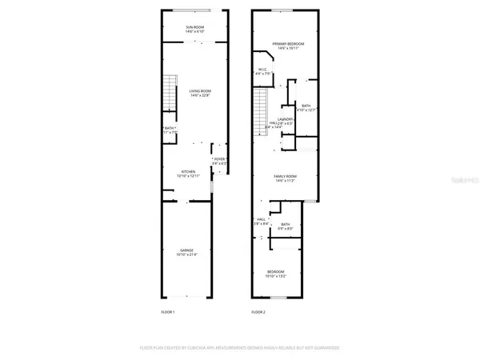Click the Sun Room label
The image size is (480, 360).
pyautogui.click(x=195, y=28)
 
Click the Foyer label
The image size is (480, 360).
pyautogui.click(x=219, y=161)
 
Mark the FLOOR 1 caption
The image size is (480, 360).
pyautogui.click(x=168, y=312)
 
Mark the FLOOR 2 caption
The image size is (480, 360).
pyautogui.click(x=258, y=312)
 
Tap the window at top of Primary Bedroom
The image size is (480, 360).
pyautogui.click(x=284, y=10)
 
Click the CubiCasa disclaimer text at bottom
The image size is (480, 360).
pyautogui.click(x=240, y=348)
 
